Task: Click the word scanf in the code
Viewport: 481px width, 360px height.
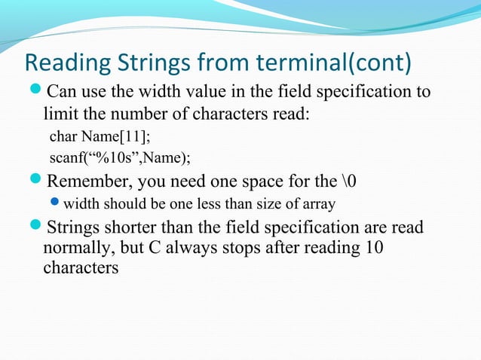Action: pyautogui.click(x=67, y=157)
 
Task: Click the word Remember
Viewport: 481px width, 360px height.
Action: pyautogui.click(x=97, y=181)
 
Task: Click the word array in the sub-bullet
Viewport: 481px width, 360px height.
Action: pyautogui.click(x=319, y=203)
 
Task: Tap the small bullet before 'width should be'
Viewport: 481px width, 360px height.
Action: pyautogui.click(x=55, y=203)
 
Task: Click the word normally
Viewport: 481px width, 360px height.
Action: pyautogui.click(x=77, y=247)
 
